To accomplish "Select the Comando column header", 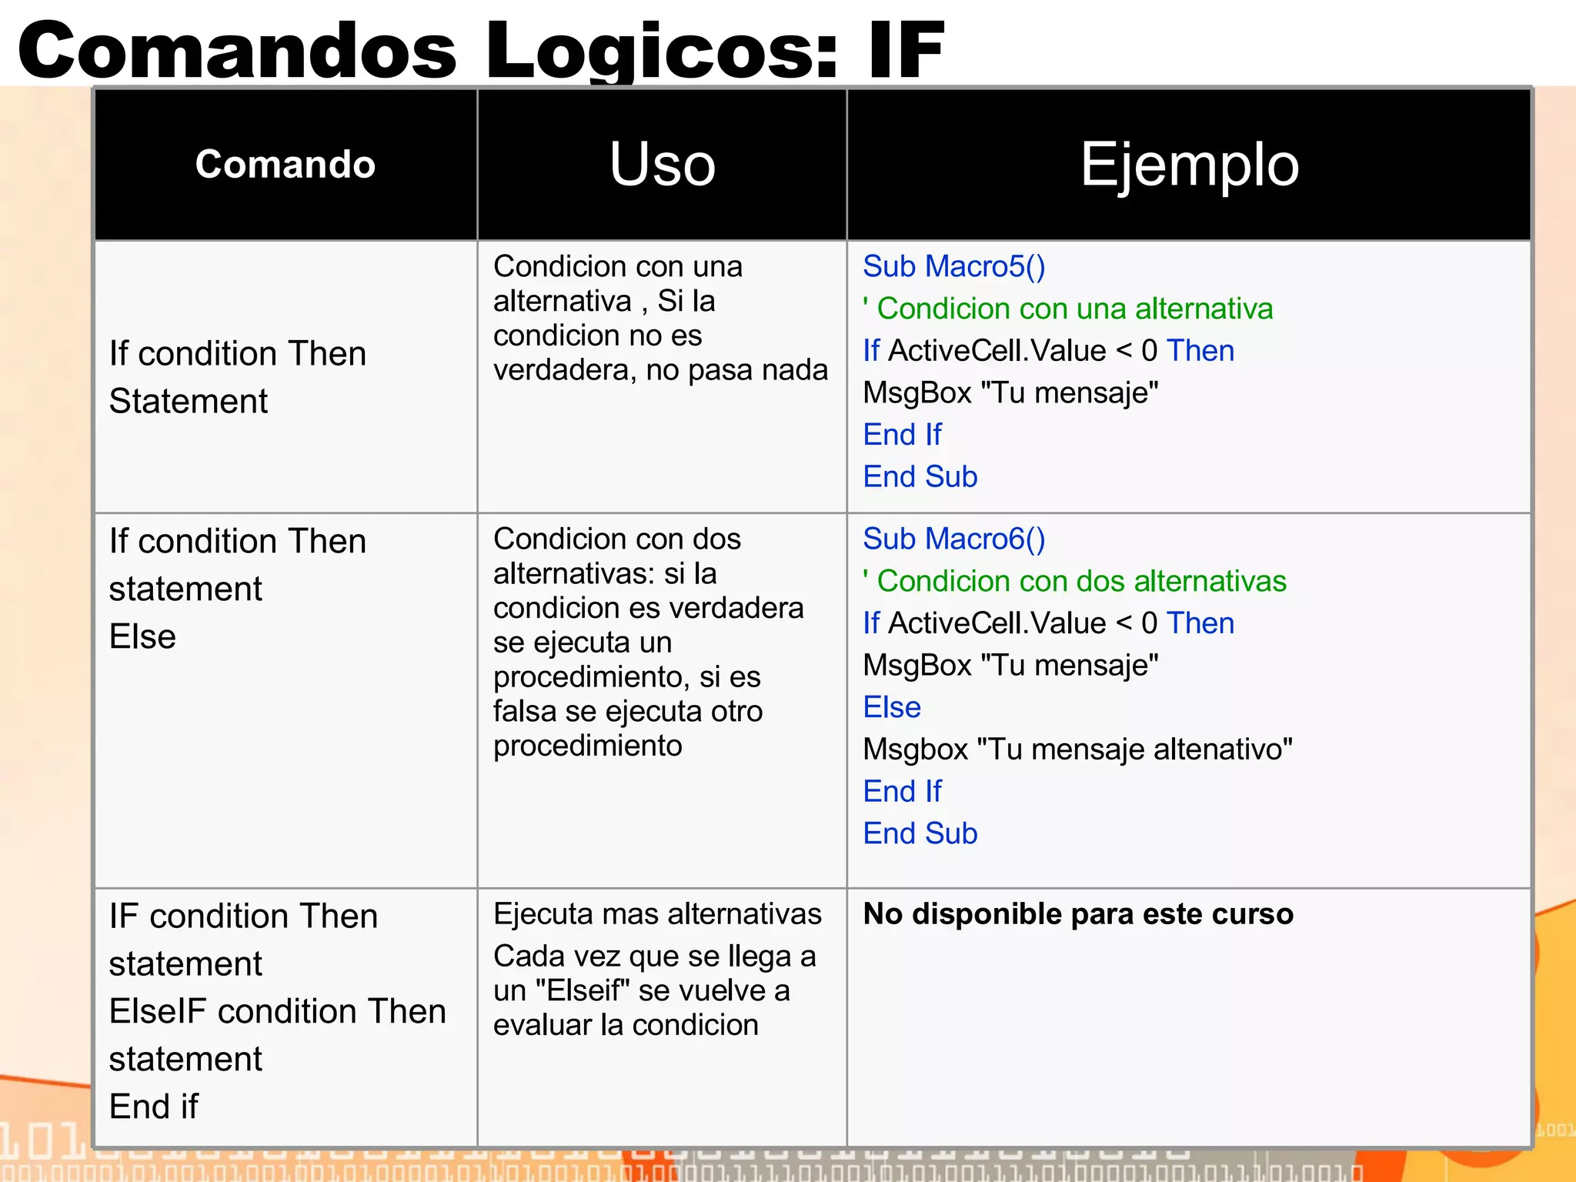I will [x=285, y=164].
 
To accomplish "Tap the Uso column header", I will [x=662, y=164].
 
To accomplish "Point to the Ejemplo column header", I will [x=1189, y=164].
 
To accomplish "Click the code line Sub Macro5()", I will [x=953, y=266].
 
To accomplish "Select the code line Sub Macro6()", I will [x=953, y=539].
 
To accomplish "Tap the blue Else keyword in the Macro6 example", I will [x=892, y=707].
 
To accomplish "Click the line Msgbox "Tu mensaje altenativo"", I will [x=1077, y=749].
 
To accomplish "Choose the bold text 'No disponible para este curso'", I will [x=1077, y=914].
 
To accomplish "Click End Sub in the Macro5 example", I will [x=920, y=477].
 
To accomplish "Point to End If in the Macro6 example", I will [x=902, y=791].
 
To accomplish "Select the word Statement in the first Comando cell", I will [x=189, y=401].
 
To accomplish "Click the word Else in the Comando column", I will [x=142, y=636].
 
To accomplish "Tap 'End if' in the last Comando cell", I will [x=154, y=1107].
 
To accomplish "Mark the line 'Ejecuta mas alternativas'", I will [x=657, y=914].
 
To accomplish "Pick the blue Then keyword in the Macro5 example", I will [x=1200, y=351].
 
